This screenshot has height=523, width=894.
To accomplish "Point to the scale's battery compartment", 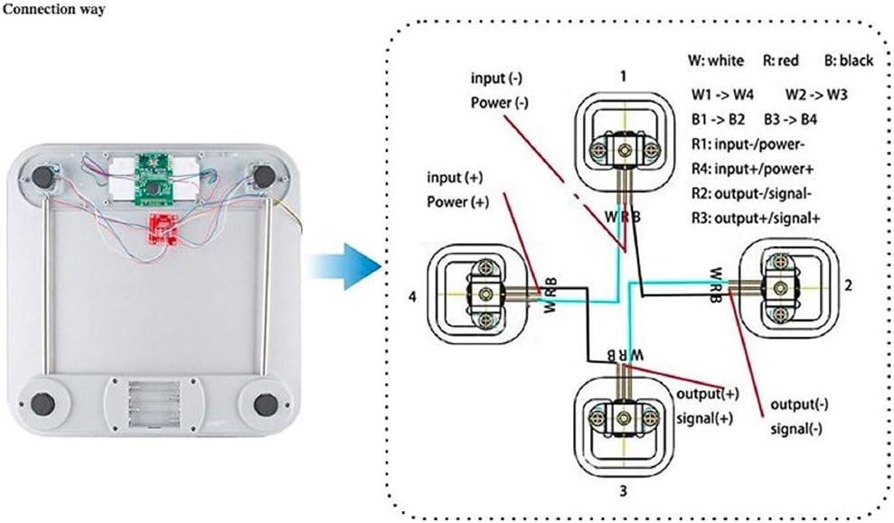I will pos(153,405).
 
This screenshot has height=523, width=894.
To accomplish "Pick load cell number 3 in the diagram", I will pos(622,417).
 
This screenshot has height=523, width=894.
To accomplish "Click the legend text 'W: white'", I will pos(717,61).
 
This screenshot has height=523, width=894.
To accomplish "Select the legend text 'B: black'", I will pos(849,61).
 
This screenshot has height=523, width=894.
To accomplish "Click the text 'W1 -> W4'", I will pos(723,94).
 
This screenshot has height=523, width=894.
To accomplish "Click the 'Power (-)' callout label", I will pos(499,103).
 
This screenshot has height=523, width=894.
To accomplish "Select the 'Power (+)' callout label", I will pos(459,202).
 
